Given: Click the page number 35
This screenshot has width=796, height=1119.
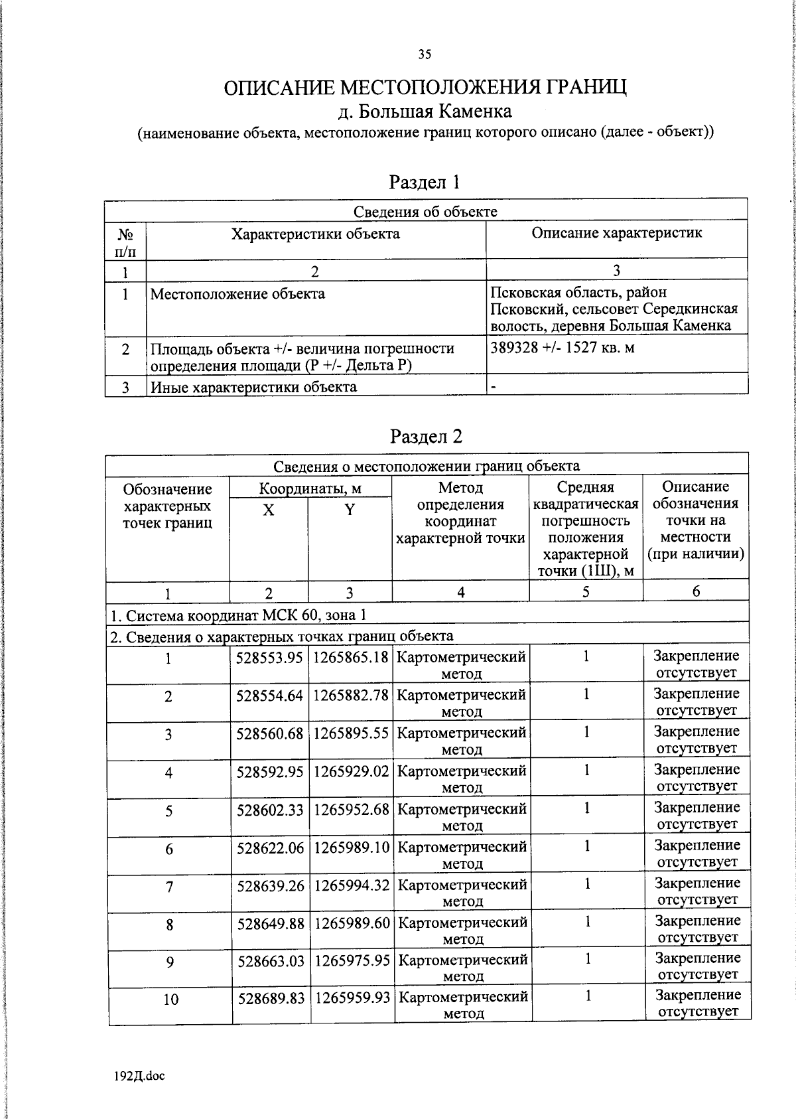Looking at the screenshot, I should click(425, 55).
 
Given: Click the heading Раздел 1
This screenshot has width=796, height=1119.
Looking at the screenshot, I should click(425, 182).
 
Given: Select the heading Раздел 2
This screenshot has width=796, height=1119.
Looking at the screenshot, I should click(426, 436).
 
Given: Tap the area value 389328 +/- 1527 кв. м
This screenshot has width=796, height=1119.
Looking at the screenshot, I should click(563, 348).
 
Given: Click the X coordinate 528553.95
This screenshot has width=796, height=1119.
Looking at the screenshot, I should click(269, 657).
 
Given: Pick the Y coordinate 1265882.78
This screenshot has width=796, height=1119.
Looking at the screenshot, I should click(350, 695).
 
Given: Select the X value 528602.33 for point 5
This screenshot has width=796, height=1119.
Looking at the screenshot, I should click(269, 810).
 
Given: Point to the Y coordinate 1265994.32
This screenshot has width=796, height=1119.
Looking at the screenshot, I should click(351, 885).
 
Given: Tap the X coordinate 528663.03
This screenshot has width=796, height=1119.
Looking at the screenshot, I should click(270, 960).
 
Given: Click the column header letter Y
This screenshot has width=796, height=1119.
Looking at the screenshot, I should click(350, 510).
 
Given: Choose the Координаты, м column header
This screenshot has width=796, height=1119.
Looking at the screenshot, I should click(310, 489).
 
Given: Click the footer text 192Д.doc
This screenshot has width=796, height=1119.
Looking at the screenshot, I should click(139, 1076).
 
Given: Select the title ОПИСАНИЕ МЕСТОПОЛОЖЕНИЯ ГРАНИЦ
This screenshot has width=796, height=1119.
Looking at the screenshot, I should click(425, 88).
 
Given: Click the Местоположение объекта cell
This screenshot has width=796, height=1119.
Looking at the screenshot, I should click(237, 294).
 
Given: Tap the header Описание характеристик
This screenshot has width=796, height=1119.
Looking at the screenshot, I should click(616, 233).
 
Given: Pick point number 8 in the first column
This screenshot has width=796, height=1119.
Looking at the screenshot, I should click(170, 924).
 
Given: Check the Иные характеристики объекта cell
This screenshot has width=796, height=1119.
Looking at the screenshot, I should click(253, 387).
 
